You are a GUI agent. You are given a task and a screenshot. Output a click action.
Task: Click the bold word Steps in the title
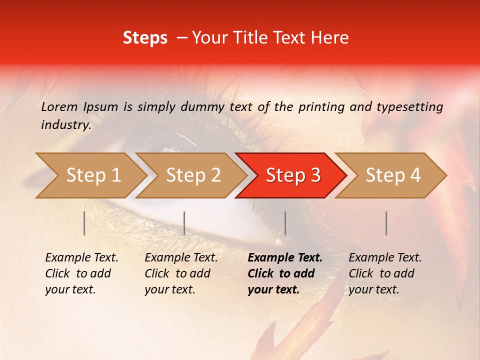coord(145,38)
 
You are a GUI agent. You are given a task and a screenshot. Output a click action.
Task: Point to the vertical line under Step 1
coord(84,223)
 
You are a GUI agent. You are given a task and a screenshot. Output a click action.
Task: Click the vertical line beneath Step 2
coord(184,223)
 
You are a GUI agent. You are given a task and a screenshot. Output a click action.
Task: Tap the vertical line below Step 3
coord(285,223)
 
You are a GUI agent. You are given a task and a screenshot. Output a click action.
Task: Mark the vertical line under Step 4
coord(386,223)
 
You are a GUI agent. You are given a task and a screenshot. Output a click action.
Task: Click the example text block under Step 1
coord(81,273)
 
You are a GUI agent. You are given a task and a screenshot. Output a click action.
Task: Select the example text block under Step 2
coord(181,273)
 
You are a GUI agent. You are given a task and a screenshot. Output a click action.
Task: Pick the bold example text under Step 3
coord(285,273)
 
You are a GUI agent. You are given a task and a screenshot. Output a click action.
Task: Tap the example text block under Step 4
coord(385,273)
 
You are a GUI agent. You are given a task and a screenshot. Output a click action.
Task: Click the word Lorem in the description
coord(59,107)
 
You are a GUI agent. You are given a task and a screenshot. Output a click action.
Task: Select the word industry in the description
coord(66,125)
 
